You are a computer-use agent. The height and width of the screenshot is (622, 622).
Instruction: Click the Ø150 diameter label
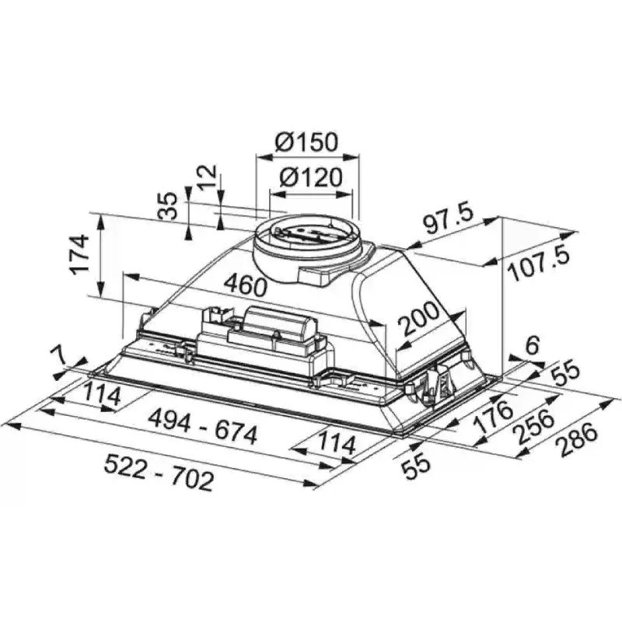point(307,143)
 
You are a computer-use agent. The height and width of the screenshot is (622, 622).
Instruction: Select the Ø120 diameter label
point(309,178)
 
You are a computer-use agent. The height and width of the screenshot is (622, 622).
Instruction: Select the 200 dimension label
point(419,319)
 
